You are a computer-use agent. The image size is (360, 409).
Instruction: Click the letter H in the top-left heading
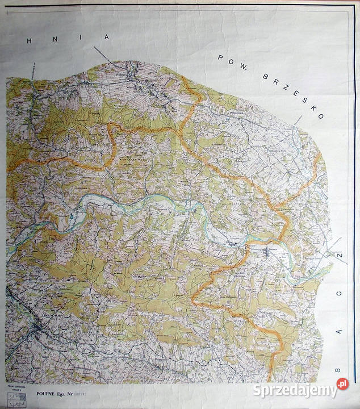tap(29, 42)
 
